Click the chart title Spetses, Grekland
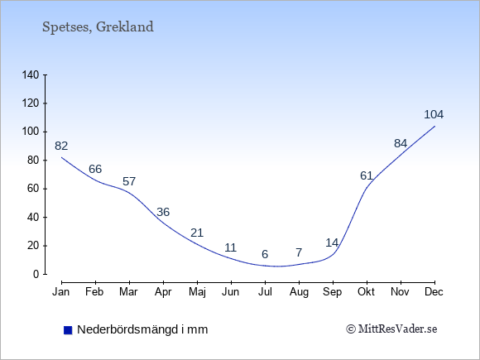point(98,27)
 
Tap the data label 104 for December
point(434,114)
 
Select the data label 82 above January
point(61,146)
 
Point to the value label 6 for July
point(265,254)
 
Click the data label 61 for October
point(367,175)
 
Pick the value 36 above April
point(163,212)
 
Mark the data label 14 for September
point(332,242)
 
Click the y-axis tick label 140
point(31,74)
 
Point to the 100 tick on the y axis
point(31,132)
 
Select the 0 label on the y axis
point(36,274)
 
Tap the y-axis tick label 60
point(33,189)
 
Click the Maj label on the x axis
point(197,292)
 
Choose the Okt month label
point(366,292)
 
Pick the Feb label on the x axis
point(94,292)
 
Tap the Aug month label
point(299,292)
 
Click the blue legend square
point(68,330)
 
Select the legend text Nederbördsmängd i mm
point(142,329)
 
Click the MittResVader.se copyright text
point(391,329)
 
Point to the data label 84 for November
point(401,143)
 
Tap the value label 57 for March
point(129,181)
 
